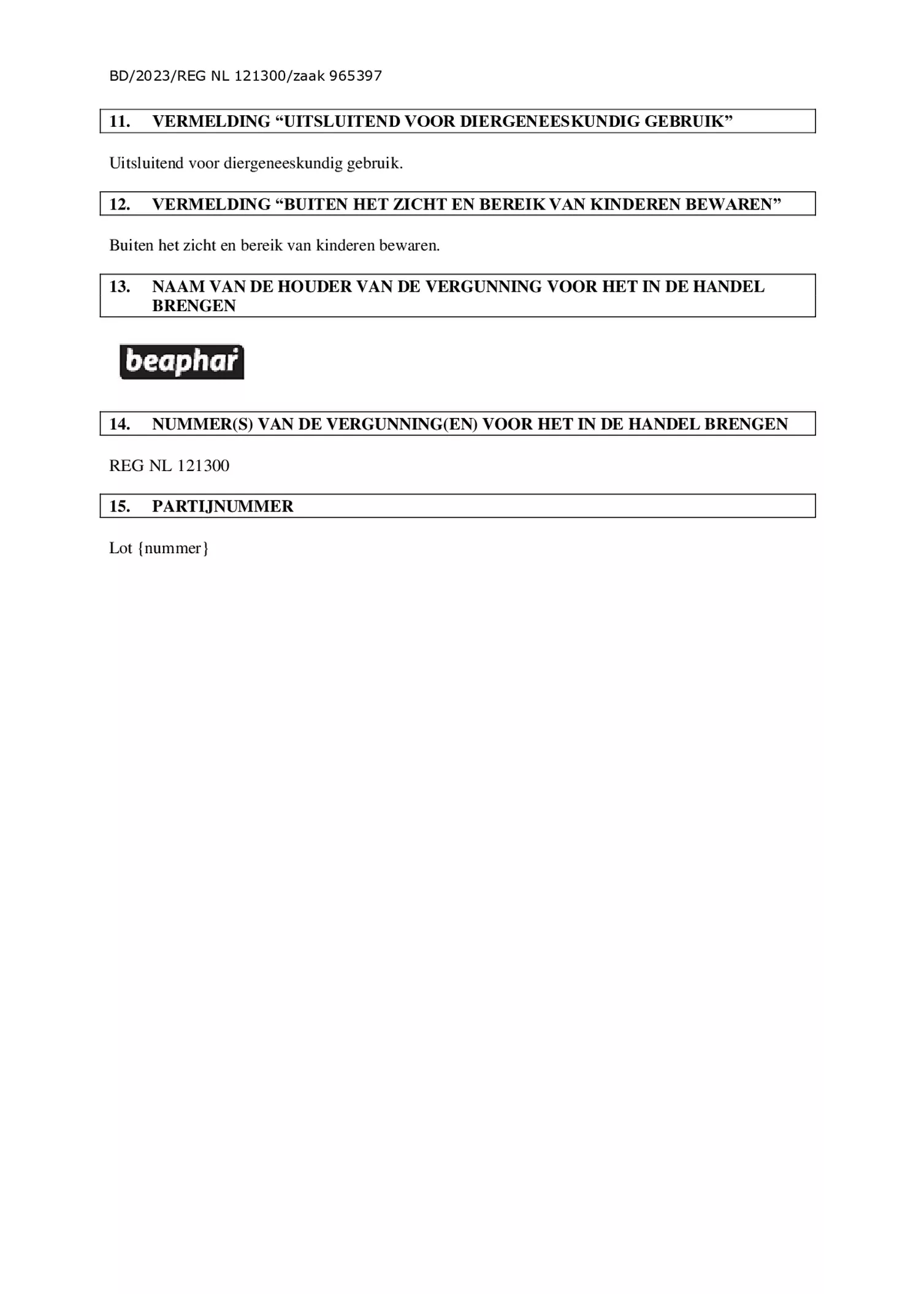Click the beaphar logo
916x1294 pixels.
(x=181, y=361)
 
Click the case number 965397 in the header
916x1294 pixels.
(x=356, y=76)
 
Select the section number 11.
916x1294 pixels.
(x=120, y=121)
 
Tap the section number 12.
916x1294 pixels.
(x=120, y=204)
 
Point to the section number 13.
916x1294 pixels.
(x=120, y=287)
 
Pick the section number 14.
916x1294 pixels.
(x=120, y=424)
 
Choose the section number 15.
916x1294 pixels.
(x=120, y=506)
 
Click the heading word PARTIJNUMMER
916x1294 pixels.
(x=223, y=506)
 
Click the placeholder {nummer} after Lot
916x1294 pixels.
(x=174, y=548)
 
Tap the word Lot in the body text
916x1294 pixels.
(x=121, y=548)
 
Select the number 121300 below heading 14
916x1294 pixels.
(x=204, y=466)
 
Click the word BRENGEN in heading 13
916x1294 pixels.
(x=194, y=306)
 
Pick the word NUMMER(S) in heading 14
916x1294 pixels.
(x=202, y=424)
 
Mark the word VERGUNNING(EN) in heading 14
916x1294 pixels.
(x=402, y=424)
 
